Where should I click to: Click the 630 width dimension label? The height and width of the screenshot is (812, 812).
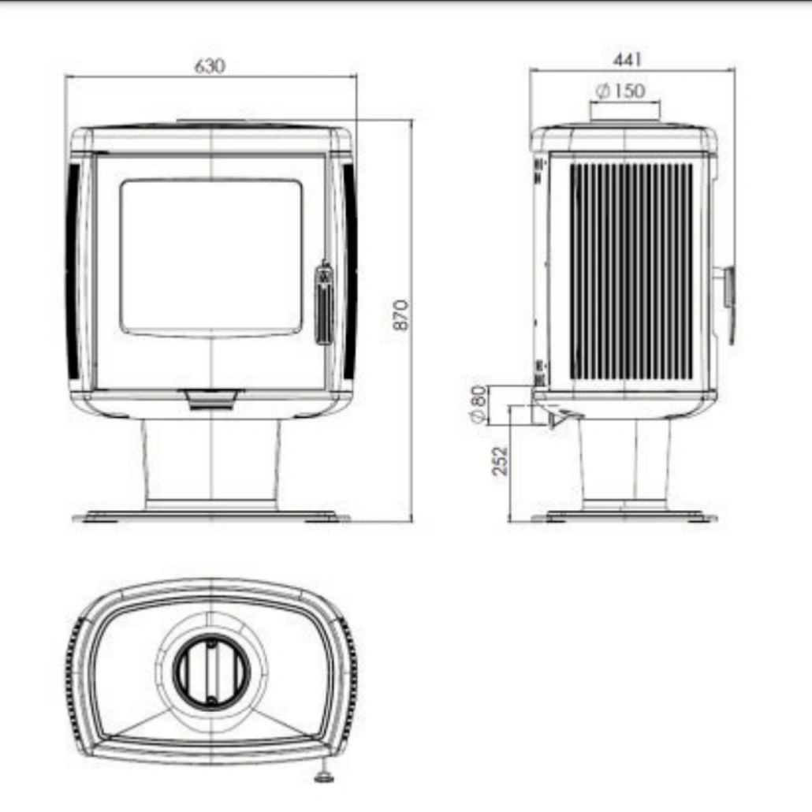click(210, 66)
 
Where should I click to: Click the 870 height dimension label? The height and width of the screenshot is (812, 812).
click(401, 315)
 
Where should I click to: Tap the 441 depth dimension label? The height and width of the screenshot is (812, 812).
click(628, 60)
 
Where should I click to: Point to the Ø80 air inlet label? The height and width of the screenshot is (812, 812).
click(479, 405)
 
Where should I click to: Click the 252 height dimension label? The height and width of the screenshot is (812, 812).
click(500, 460)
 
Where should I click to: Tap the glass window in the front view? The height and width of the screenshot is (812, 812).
click(210, 256)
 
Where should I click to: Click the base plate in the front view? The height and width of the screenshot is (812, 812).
click(211, 517)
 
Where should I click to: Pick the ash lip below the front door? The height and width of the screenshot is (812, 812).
click(210, 400)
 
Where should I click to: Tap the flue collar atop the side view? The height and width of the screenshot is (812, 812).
click(625, 113)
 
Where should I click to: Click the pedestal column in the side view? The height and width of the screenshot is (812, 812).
click(624, 461)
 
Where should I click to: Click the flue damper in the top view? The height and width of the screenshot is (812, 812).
click(211, 670)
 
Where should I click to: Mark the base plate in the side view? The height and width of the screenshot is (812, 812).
click(624, 517)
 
